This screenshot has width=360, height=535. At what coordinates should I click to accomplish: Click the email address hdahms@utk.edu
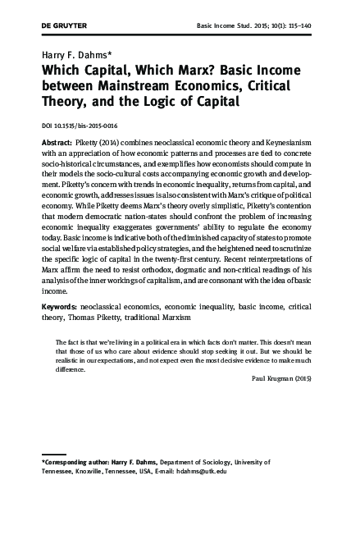click(x=203, y=471)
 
